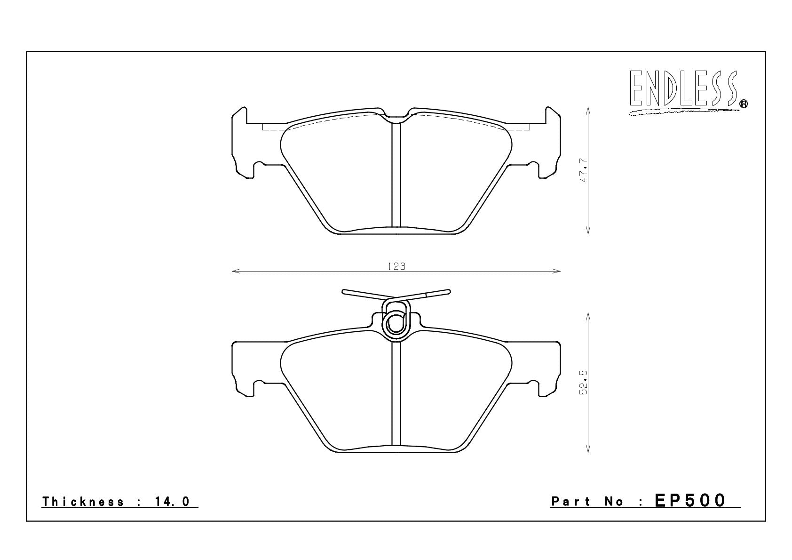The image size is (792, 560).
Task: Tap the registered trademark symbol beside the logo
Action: (744, 104)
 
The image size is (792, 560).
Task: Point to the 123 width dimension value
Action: (396, 266)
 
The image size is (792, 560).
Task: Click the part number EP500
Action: (690, 501)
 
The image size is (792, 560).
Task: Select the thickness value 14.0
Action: (172, 502)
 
